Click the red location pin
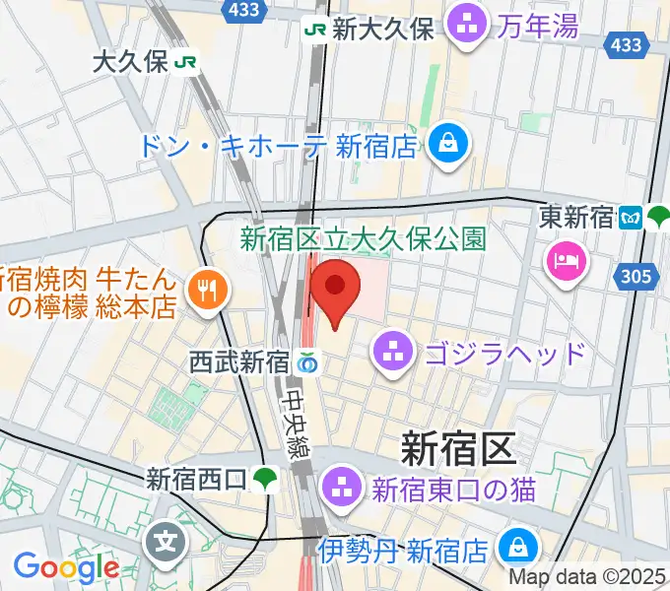[x=335, y=290]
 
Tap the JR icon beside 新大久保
[x=315, y=30]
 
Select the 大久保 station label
[x=131, y=62]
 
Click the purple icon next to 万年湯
[x=465, y=27]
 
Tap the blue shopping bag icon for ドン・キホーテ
[x=449, y=145]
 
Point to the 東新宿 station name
[x=576, y=217]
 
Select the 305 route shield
[x=636, y=277]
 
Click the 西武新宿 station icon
[x=307, y=362]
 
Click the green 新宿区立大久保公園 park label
[x=364, y=238]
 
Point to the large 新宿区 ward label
[x=457, y=448]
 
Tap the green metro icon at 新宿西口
[x=262, y=480]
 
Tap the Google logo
[x=65, y=567]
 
